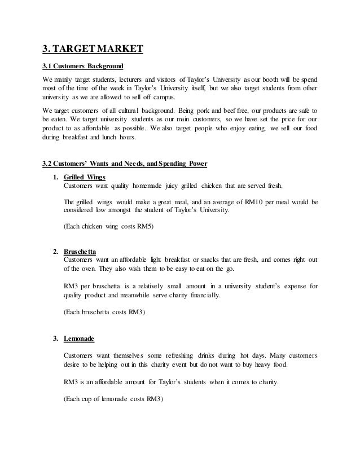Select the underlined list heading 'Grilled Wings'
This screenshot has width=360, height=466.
click(x=85, y=177)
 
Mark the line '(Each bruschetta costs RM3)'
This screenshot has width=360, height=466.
click(x=107, y=312)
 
